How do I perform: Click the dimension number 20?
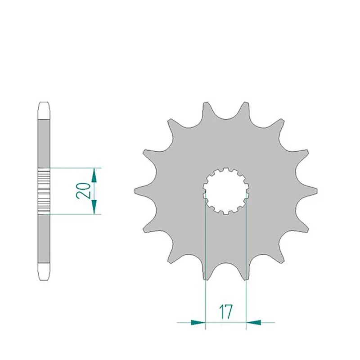tap(83, 190)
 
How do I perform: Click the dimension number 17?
tap(226, 311)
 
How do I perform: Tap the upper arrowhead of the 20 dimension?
tap(94, 175)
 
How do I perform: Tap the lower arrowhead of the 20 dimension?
tap(94, 207)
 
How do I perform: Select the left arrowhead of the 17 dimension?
tap(198, 322)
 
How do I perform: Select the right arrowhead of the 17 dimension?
tap(253, 322)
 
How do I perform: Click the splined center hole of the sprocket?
tap(226, 191)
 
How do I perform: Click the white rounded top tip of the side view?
tap(44, 110)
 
